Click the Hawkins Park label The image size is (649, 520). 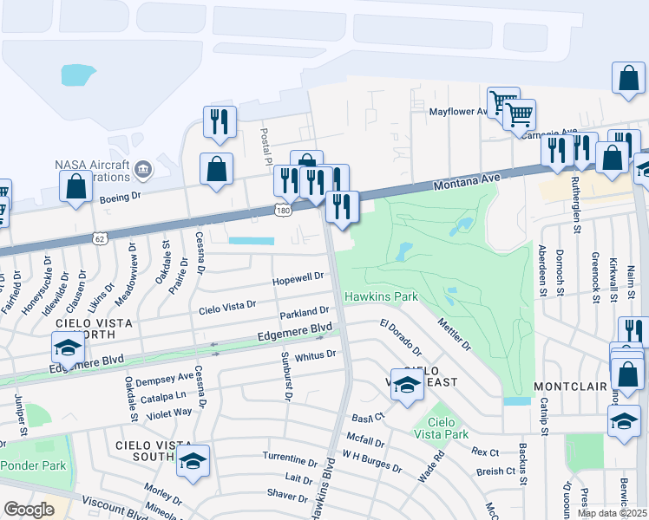tap(381, 296)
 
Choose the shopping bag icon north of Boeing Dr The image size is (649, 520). tap(75, 185)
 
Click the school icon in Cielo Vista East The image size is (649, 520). tap(406, 383)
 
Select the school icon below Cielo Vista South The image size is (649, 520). tap(193, 463)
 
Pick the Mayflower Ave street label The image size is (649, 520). tap(460, 112)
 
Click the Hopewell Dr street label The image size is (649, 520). tap(298, 276)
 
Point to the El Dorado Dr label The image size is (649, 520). tap(400, 338)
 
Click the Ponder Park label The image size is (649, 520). tap(32, 465)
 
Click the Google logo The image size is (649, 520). tap(29, 510)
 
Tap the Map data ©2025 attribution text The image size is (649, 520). tap(613, 513)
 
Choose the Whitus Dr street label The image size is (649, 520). tap(314, 354)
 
